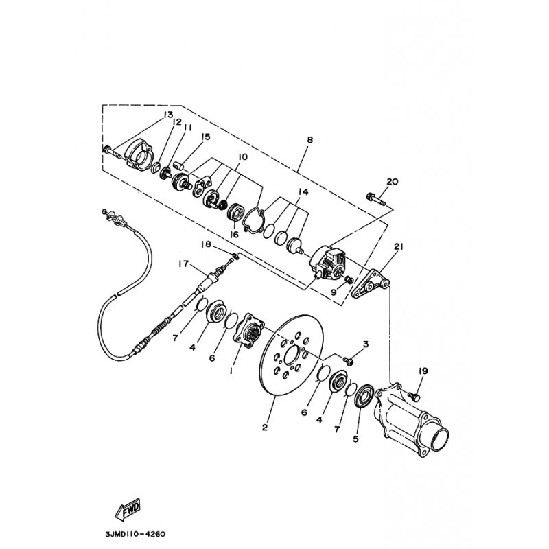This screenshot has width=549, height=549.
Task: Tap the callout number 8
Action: click(x=309, y=140)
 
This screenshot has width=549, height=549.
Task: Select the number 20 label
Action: click(x=392, y=181)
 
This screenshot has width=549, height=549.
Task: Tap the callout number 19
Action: click(x=423, y=371)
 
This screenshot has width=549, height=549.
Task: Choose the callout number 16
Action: click(x=234, y=234)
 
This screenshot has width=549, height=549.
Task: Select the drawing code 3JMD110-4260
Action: click(x=135, y=533)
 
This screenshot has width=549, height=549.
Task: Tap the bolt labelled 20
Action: click(x=373, y=198)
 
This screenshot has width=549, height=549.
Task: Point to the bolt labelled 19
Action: click(x=413, y=396)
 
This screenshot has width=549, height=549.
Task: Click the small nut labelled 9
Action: click(x=349, y=279)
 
